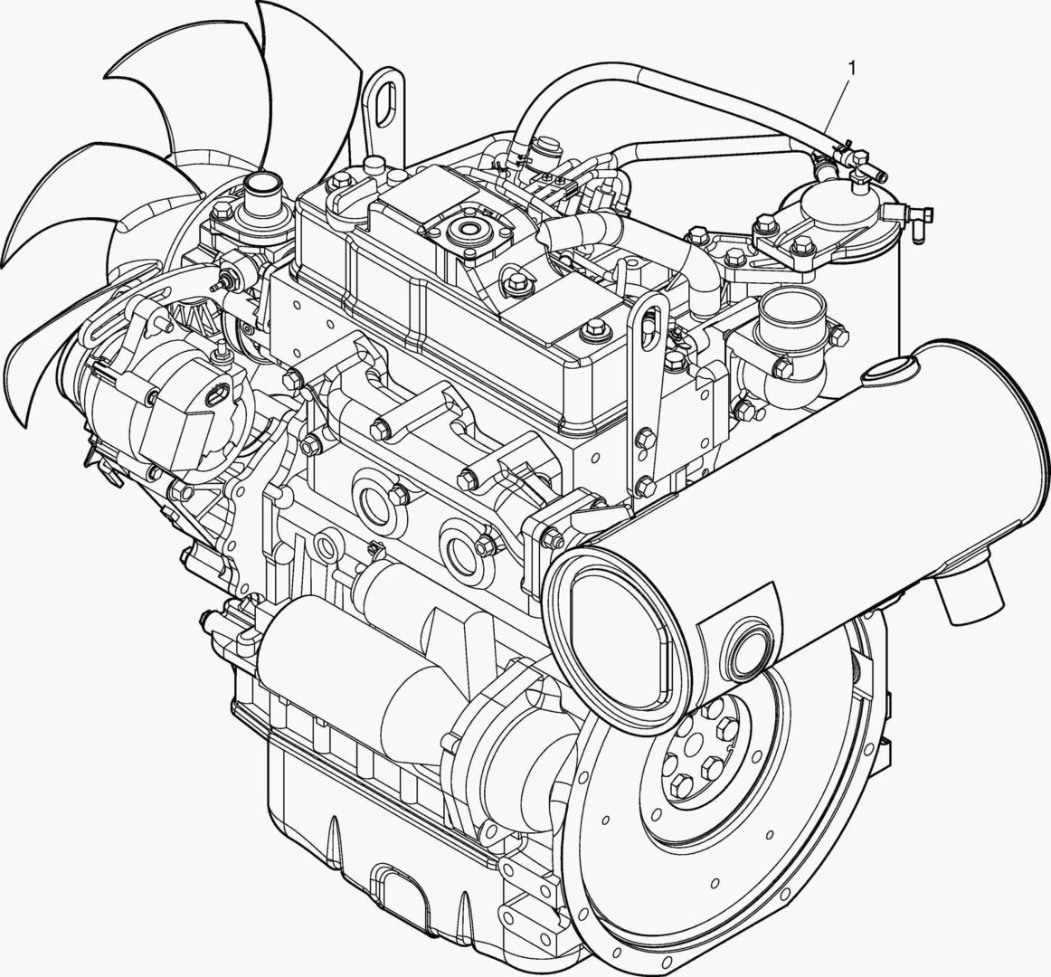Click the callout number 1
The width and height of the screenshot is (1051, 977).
coord(851,68)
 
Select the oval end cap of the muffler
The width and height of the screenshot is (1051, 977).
coord(618,637)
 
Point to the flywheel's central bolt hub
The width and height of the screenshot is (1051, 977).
coord(697,745)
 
